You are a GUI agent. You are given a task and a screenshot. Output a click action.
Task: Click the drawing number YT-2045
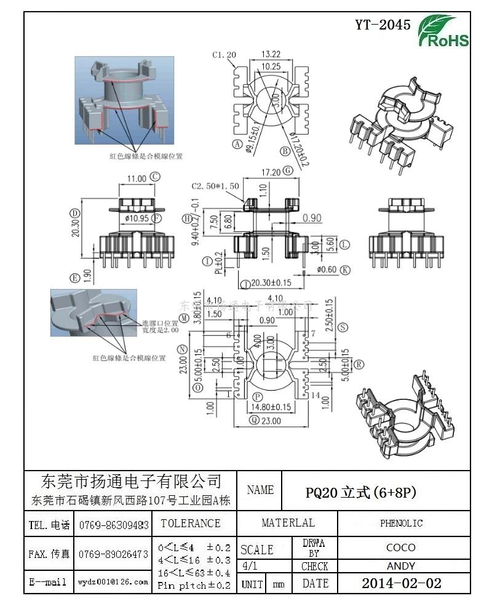(383, 25)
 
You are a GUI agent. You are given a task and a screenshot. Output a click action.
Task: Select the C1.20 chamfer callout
(224, 55)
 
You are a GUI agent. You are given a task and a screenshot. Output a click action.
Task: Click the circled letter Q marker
(254, 420)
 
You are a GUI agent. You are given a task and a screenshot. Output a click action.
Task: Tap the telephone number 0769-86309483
(114, 525)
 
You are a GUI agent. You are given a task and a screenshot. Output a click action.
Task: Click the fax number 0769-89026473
(114, 554)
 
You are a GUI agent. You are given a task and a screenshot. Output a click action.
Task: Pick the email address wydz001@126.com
(113, 581)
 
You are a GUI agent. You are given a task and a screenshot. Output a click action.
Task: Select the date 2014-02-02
(401, 583)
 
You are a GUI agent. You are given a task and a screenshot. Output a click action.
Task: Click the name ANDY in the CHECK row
(401, 566)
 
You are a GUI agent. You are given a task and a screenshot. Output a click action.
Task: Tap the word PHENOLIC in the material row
(401, 523)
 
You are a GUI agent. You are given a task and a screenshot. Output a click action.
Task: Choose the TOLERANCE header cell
(190, 523)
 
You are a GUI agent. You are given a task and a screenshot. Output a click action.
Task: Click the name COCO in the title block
(401, 547)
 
